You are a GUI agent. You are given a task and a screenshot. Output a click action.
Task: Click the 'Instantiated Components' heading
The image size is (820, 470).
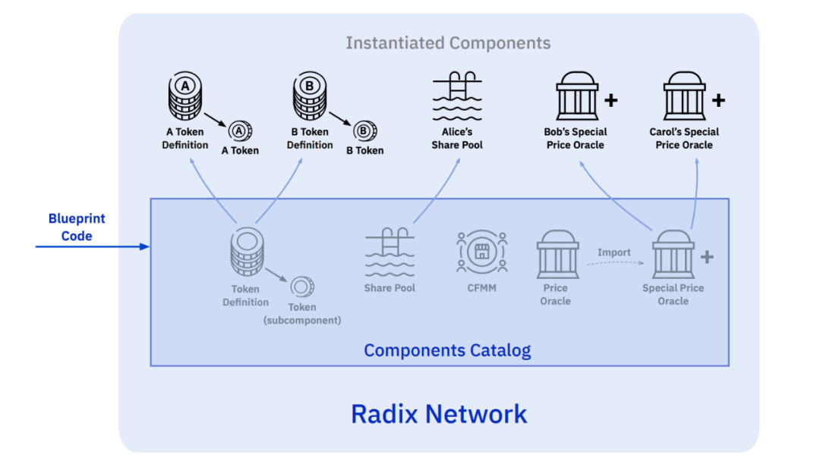click(x=448, y=43)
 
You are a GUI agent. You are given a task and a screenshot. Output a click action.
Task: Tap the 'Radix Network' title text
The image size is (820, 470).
click(x=439, y=414)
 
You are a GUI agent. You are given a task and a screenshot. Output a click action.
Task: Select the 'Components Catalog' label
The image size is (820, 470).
click(x=447, y=351)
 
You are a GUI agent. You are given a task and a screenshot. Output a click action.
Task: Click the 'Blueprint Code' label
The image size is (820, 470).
click(x=77, y=227)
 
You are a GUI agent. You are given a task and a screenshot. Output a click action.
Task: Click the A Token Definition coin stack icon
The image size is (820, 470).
click(x=184, y=96)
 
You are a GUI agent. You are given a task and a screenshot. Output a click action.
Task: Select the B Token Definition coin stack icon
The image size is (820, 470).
click(x=309, y=96)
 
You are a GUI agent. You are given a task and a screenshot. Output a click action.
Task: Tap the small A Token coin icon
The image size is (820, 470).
click(x=240, y=131)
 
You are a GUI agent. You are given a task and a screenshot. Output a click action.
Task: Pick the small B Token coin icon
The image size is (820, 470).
click(x=364, y=131)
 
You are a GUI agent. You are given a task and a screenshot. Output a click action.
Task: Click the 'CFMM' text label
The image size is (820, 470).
click(x=481, y=288)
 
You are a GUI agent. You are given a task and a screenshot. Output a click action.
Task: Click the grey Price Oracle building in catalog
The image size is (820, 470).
click(x=557, y=255)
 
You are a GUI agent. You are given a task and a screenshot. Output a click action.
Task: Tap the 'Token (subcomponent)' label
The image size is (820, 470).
click(x=302, y=314)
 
